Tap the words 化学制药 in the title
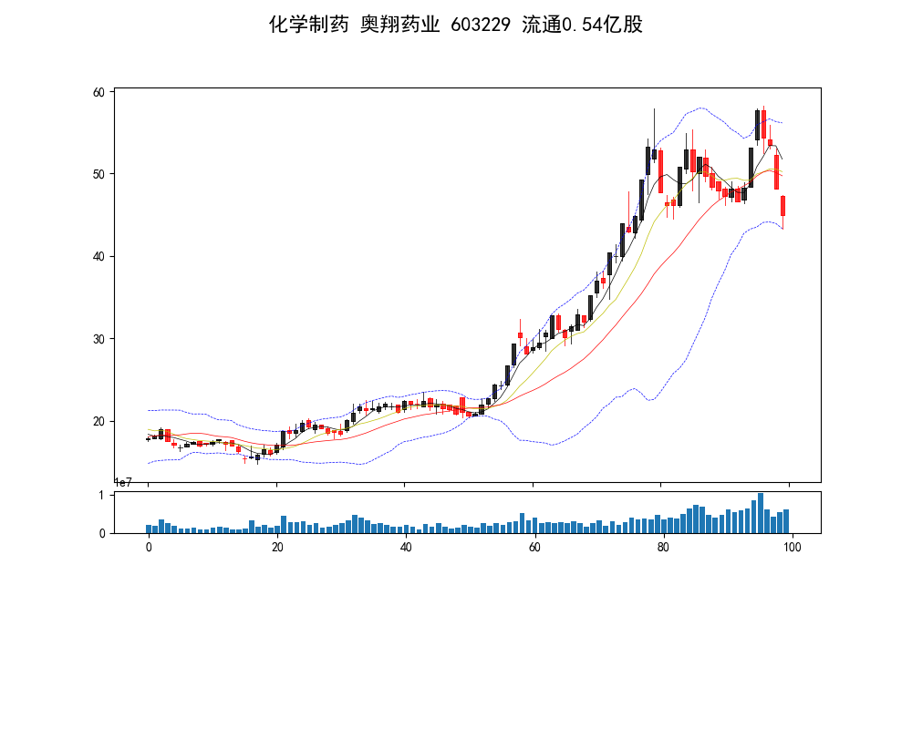[x=308, y=25]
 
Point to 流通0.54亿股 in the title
[x=582, y=25]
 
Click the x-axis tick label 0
[x=149, y=548]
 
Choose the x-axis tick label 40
[x=406, y=548]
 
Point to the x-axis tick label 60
[x=534, y=548]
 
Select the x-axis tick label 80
[x=663, y=548]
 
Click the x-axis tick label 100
[x=792, y=548]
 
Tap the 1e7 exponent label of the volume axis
[x=124, y=483]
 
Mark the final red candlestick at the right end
[x=782, y=206]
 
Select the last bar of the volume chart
[x=786, y=521]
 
